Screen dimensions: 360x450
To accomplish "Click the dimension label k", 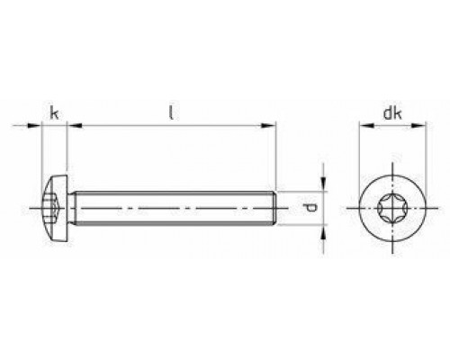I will click(55, 112).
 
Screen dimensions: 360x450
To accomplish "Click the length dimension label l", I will click(171, 112).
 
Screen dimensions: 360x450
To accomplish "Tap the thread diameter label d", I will click(311, 209).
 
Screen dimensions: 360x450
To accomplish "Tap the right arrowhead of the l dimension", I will click(271, 126).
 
